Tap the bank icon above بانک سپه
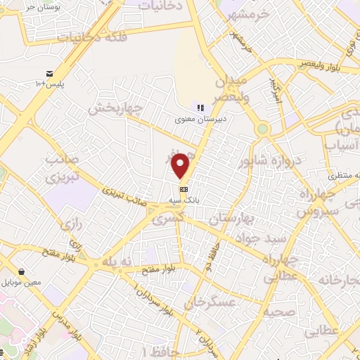[184, 189]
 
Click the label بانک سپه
[184, 200]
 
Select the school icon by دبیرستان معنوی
[200, 108]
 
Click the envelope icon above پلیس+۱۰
[49, 74]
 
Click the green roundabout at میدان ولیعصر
[262, 129]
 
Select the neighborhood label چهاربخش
[117, 110]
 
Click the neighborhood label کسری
[174, 219]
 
